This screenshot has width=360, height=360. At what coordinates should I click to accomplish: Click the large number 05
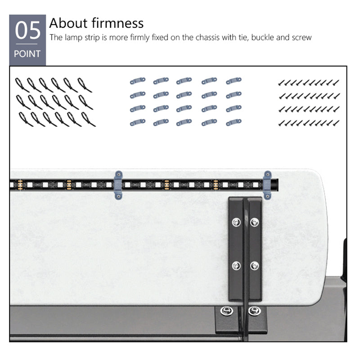(27, 30)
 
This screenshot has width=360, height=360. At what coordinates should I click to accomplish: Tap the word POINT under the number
(27, 54)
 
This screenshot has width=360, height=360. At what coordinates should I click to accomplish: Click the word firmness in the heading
(117, 23)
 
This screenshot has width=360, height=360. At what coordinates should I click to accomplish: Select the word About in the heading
(68, 23)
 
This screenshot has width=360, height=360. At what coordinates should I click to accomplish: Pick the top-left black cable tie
(22, 85)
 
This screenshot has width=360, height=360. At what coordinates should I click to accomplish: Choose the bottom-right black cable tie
(88, 119)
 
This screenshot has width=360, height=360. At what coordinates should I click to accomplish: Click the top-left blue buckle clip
(138, 81)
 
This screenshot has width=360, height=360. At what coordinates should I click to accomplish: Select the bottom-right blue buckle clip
(234, 122)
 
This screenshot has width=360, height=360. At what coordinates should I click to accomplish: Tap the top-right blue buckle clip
(234, 81)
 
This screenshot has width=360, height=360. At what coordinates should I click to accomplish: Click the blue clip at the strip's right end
(267, 185)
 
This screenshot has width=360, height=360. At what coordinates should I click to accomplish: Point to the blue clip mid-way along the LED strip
(118, 185)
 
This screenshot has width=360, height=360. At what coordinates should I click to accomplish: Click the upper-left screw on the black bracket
(236, 222)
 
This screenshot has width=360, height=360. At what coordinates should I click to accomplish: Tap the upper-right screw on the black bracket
(254, 222)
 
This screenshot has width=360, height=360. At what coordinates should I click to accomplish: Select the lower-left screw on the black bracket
(236, 265)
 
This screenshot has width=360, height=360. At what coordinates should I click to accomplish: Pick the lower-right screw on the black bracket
(254, 265)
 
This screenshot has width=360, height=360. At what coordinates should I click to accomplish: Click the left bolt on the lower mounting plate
(227, 311)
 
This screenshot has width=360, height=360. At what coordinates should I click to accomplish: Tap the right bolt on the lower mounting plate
(255, 311)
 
